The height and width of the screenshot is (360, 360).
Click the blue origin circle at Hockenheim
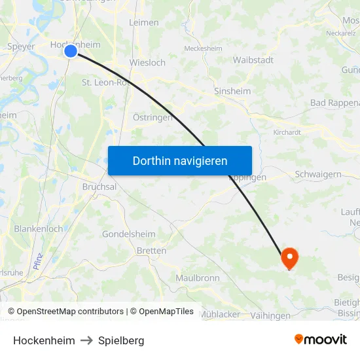(71, 50)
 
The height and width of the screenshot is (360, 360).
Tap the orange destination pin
(289, 258)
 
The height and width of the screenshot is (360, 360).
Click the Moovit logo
(320, 339)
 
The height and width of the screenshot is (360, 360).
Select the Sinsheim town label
(232, 92)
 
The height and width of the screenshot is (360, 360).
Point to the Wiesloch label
(147, 63)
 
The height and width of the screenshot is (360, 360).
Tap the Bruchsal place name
(99, 187)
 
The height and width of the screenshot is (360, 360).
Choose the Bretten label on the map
(151, 251)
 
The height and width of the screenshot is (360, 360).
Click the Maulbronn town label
(198, 278)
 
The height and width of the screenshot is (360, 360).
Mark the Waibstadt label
(253, 60)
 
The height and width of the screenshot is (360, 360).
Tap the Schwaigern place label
(318, 174)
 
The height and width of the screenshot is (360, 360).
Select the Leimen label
(144, 22)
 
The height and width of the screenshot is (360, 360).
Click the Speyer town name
(20, 46)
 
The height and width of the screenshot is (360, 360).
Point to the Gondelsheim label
(128, 234)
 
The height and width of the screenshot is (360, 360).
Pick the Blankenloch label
(39, 229)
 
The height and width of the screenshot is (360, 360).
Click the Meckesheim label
(203, 48)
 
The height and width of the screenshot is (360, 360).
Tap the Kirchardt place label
(287, 132)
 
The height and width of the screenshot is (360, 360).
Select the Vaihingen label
(270, 315)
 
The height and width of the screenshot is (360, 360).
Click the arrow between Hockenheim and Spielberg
(86, 340)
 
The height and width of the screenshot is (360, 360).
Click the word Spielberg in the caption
(121, 340)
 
